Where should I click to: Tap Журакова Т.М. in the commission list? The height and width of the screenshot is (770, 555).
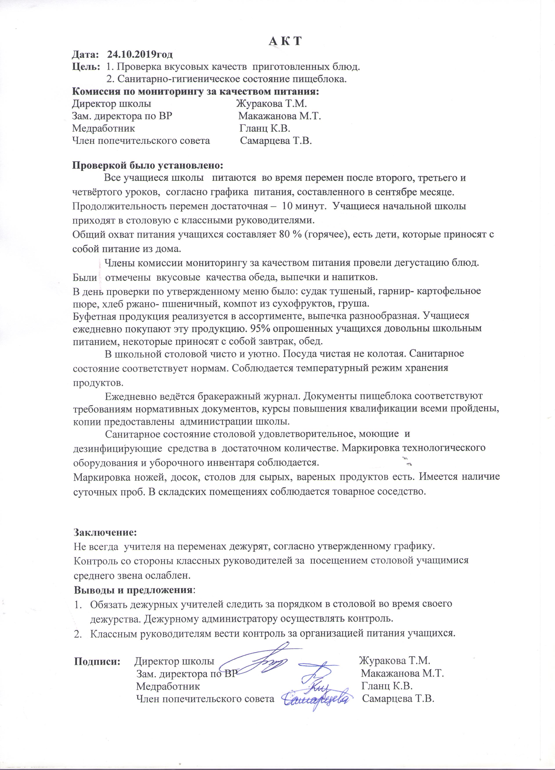(x=272, y=104)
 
